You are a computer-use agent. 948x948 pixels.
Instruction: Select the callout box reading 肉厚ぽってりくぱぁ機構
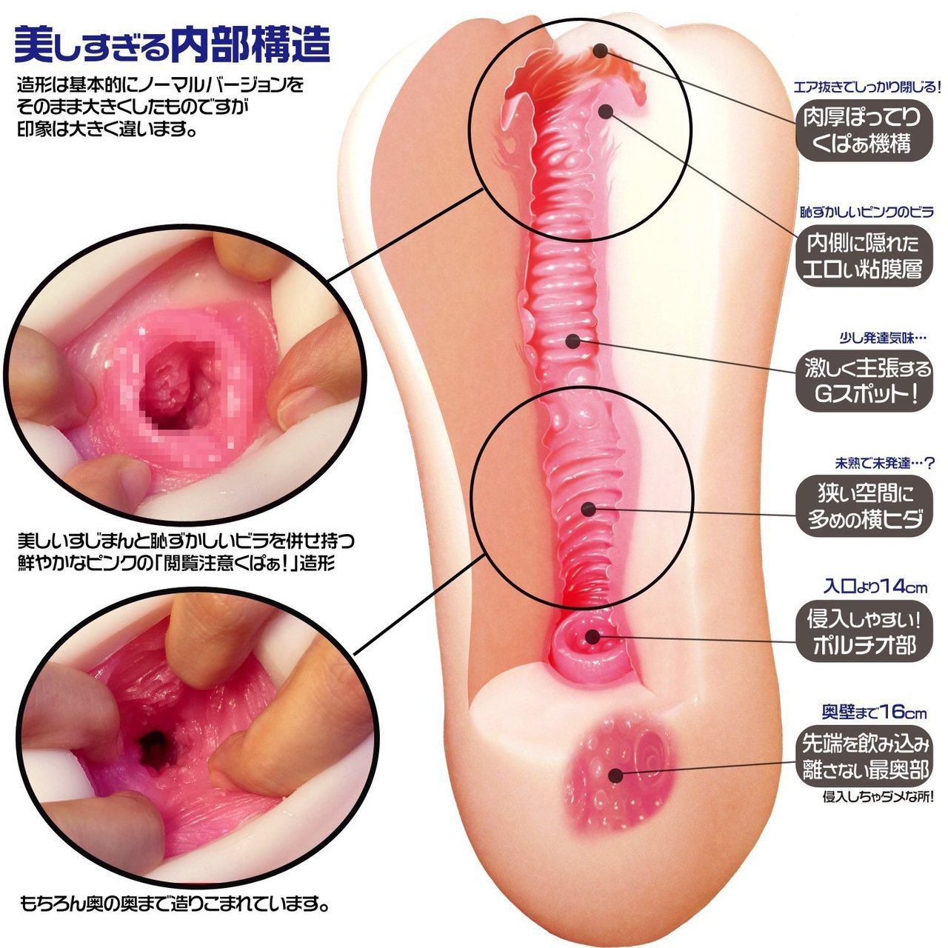(864, 130)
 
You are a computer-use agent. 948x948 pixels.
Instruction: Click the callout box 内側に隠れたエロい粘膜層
(864, 256)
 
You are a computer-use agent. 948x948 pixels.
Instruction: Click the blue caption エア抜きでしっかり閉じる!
(867, 87)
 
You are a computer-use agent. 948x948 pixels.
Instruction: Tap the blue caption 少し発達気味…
(883, 338)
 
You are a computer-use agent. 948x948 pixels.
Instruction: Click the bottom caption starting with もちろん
(174, 904)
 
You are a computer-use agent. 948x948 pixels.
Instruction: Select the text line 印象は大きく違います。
(104, 130)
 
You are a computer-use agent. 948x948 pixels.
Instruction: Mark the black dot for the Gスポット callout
(573, 341)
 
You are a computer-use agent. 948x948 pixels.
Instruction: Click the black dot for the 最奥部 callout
(615, 776)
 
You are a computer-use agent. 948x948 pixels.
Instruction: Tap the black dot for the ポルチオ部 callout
(592, 637)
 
